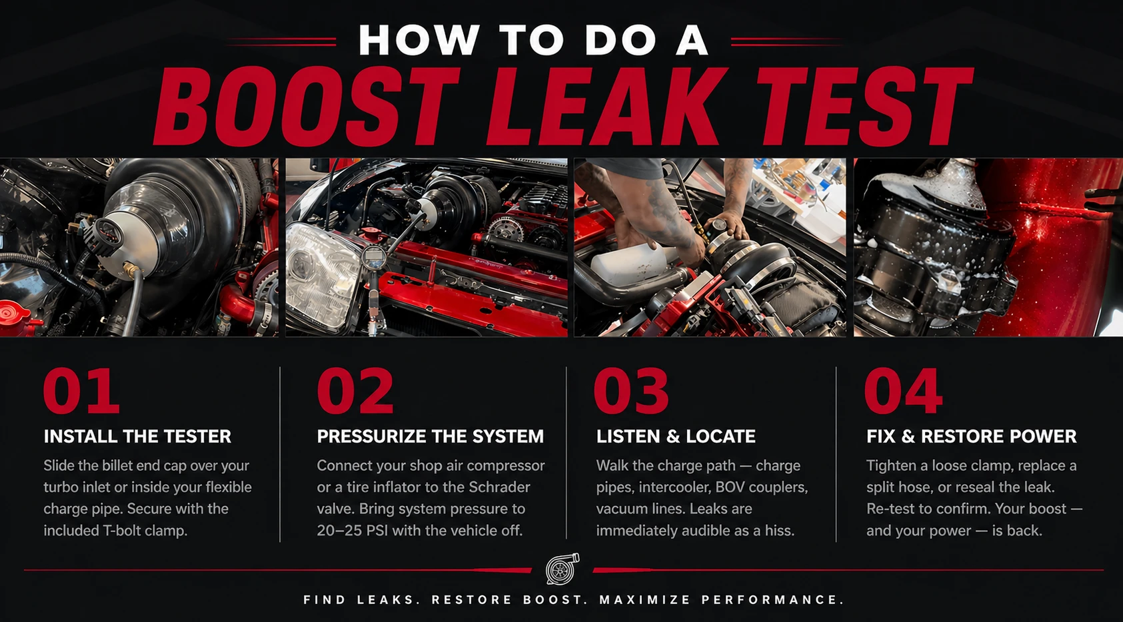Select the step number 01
point(81,391)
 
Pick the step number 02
point(355,391)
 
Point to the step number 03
point(631,391)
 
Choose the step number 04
point(904,391)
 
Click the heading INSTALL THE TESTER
point(137,437)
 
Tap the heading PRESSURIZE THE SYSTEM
point(430,437)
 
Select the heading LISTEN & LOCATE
point(676,437)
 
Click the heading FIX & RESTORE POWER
point(972,437)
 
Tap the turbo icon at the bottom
point(562,569)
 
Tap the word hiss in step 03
point(780,530)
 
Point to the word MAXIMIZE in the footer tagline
point(644,599)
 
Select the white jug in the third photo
point(628,262)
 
